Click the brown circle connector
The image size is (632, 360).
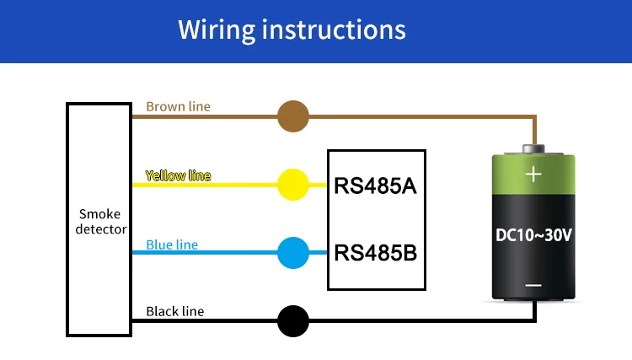coord(293,116)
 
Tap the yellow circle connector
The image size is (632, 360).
coord(293,184)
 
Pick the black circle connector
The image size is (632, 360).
coord(293,321)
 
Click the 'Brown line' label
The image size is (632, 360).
coord(178,107)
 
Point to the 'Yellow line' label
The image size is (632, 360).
coord(178,176)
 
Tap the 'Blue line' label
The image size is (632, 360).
coord(172,244)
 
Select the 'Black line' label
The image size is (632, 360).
coord(174,312)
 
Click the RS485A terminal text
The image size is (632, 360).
coord(376,185)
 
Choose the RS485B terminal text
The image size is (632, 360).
coord(376,252)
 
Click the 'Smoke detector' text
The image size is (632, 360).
coord(100,222)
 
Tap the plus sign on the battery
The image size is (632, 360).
coord(533,175)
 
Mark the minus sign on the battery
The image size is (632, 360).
coord(533,286)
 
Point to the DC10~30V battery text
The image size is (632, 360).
coord(533,236)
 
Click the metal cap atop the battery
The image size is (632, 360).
coord(533,149)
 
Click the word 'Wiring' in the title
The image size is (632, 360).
coord(217,30)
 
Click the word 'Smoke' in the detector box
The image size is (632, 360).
coord(100,214)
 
